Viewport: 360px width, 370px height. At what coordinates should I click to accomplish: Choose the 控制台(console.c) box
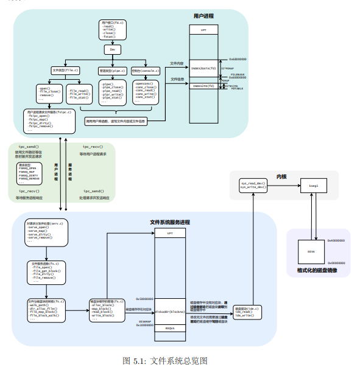click(x=144, y=71)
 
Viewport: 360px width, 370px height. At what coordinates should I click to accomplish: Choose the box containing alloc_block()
click(x=107, y=309)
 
